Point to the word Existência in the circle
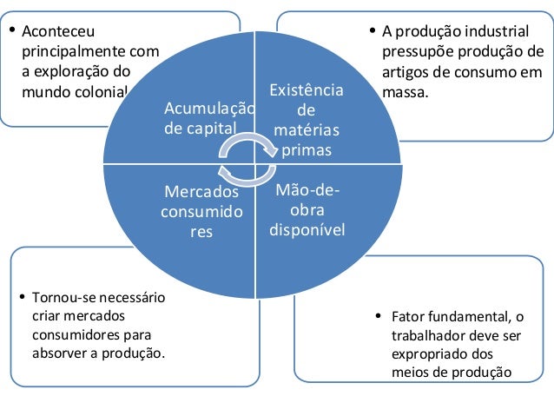point(307,91)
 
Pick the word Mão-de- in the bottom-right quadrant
point(307,190)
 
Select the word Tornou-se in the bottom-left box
point(63,297)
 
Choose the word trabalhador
point(429,335)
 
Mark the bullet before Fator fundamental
point(378,315)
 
